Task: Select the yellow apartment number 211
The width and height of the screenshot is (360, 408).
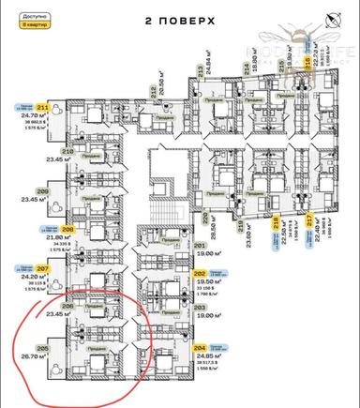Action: pyautogui.click(x=67, y=109)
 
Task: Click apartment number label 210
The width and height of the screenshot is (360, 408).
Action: pyautogui.click(x=67, y=151)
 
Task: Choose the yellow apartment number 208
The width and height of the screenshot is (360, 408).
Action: pyautogui.click(x=67, y=229)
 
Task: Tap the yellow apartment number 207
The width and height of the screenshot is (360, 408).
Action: pyautogui.click(x=67, y=268)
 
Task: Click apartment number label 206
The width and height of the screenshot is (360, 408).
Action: pyautogui.click(x=67, y=307)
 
